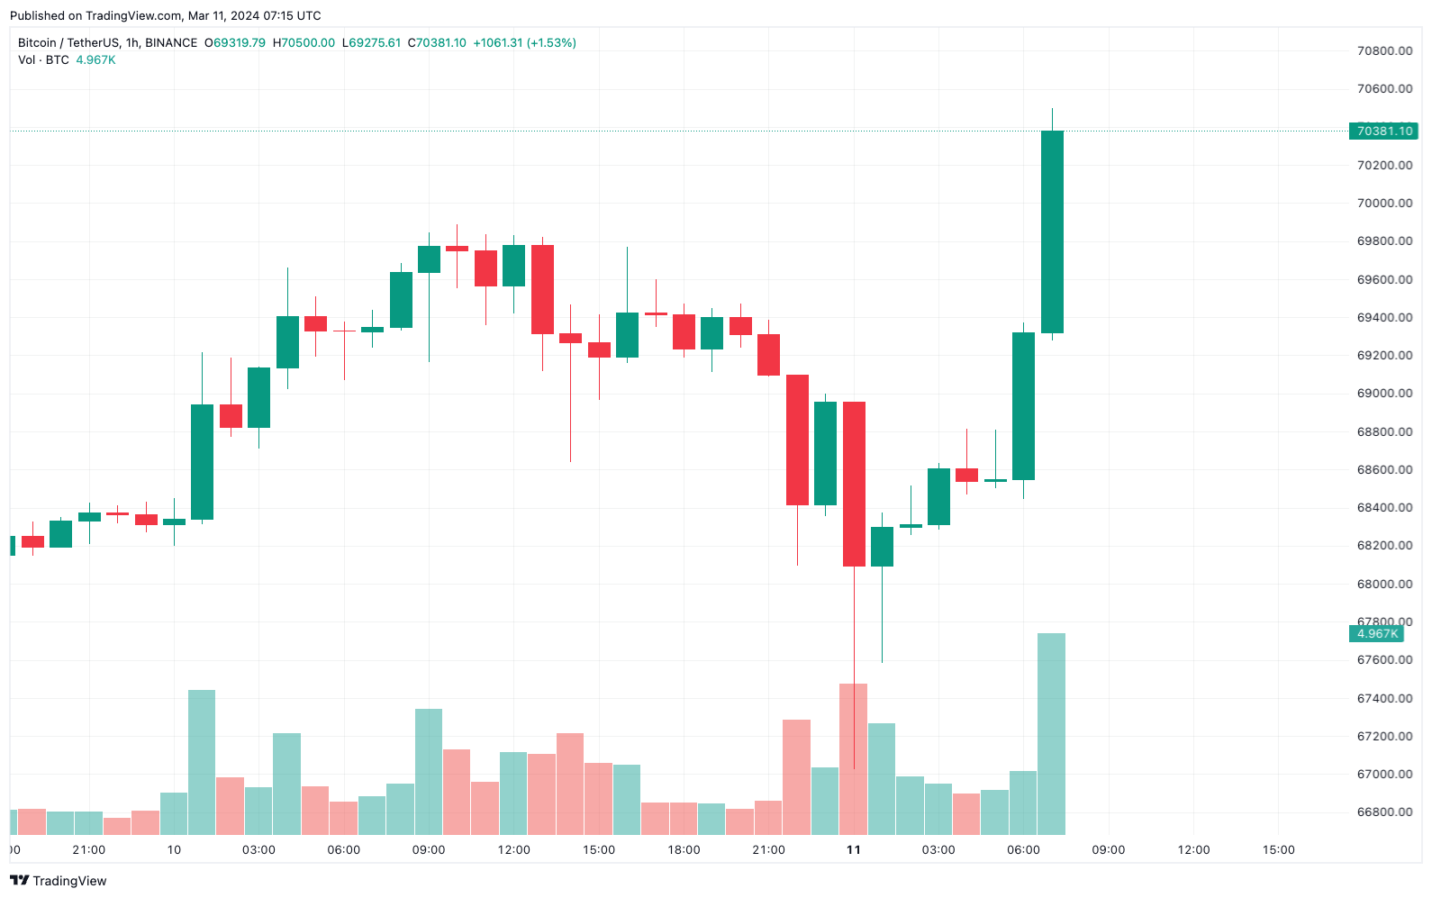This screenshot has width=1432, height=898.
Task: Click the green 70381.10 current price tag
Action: tap(1383, 132)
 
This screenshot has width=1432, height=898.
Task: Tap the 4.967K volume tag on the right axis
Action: tap(1377, 634)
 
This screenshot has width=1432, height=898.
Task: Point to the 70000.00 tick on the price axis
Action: tap(1384, 204)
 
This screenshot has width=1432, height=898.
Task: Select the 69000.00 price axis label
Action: tap(1384, 394)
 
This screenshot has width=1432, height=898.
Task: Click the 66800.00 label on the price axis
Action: tap(1384, 812)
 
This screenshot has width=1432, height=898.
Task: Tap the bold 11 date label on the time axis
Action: tap(854, 850)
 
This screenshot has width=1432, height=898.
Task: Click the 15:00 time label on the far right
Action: tap(1278, 850)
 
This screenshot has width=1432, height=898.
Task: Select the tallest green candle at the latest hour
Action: tap(1052, 231)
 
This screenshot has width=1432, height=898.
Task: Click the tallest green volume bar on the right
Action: tap(1052, 734)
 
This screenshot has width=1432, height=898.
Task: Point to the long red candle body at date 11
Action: tap(854, 484)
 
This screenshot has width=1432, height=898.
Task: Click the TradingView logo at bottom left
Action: tap(59, 881)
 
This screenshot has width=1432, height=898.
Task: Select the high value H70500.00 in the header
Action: tap(304, 43)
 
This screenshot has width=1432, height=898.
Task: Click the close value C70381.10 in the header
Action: tap(437, 43)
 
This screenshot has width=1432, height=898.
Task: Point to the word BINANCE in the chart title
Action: tap(171, 43)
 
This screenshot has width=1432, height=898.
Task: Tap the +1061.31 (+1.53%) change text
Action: tap(524, 43)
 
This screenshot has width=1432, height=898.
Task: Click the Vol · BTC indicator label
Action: tap(43, 60)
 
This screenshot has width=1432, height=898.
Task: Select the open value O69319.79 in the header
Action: tap(235, 43)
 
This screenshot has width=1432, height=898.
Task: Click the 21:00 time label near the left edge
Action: tap(89, 850)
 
